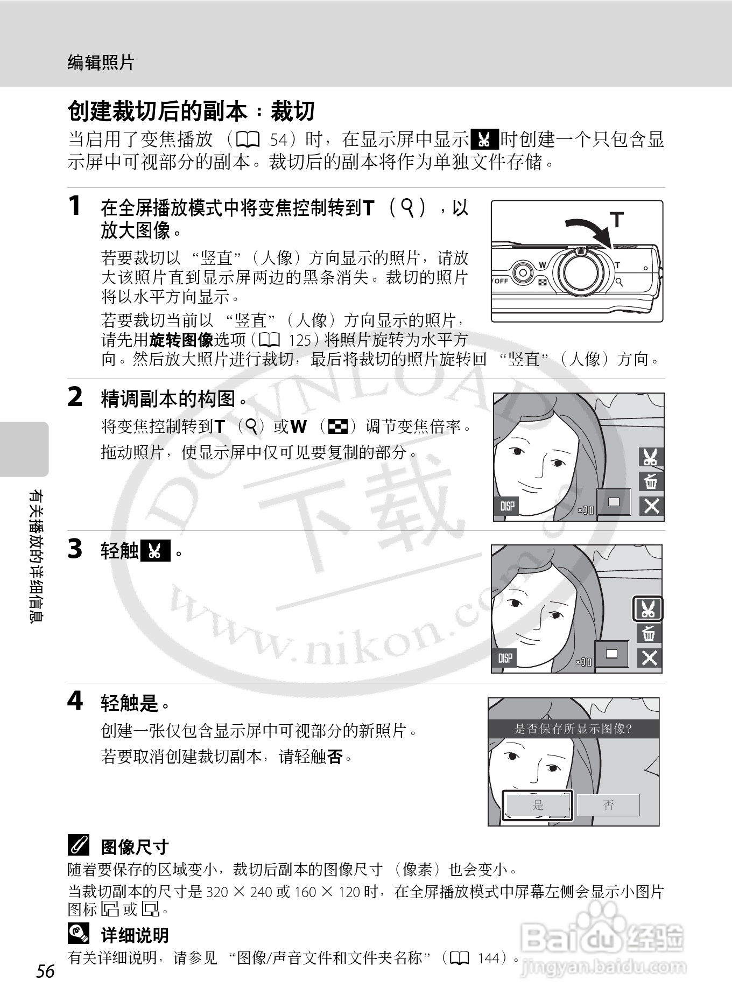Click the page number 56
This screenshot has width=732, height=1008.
[46, 971]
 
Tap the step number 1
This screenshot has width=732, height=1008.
[75, 206]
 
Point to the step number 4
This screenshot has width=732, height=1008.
[75, 701]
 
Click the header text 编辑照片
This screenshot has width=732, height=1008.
[101, 62]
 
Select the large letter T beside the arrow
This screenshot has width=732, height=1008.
[617, 220]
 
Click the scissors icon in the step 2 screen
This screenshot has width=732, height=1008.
[651, 457]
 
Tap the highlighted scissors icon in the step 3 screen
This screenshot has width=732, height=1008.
[647, 609]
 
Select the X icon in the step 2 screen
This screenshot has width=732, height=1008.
[651, 506]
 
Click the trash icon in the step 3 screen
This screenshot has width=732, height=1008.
[649, 633]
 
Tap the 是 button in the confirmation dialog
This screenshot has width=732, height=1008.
[538, 805]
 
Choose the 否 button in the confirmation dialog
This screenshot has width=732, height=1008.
[608, 805]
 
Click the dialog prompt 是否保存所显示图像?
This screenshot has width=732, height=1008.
[573, 729]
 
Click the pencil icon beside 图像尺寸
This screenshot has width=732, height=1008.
[79, 846]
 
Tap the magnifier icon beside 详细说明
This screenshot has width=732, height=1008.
[79, 934]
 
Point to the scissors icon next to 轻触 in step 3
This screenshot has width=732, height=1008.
[155, 551]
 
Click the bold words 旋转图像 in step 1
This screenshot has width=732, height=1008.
[181, 340]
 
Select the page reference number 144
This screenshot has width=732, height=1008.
[489, 958]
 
